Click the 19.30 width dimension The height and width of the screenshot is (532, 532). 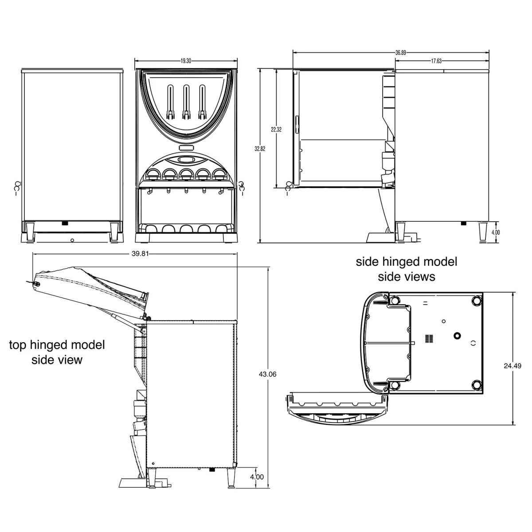click(x=186, y=61)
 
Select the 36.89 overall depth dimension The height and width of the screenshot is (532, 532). click(x=400, y=52)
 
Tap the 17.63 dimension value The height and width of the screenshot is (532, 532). click(x=436, y=62)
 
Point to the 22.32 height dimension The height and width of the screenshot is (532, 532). click(x=276, y=129)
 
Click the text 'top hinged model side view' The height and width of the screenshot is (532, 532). click(x=57, y=352)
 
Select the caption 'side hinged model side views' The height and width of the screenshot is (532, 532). click(x=406, y=269)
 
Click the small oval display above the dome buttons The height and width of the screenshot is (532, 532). click(x=186, y=159)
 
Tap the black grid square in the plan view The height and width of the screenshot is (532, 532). click(x=428, y=339)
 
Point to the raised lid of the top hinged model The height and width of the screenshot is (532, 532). click(x=91, y=288)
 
